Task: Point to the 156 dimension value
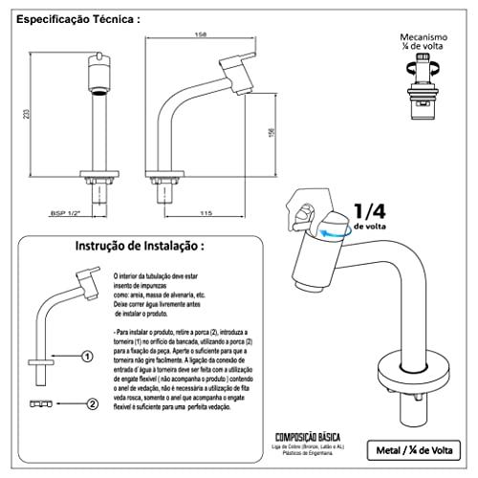[x=271, y=133]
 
